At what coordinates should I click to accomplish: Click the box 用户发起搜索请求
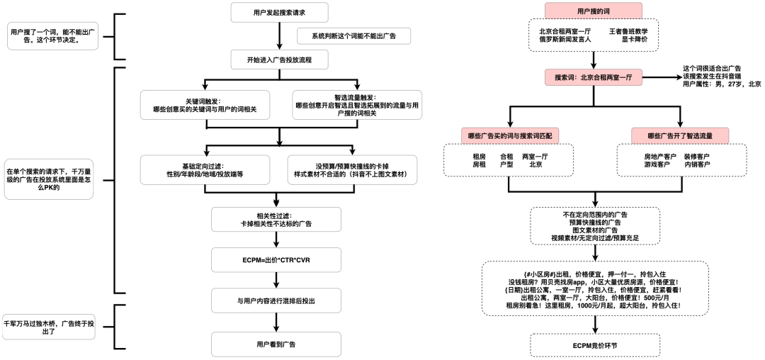tap(280, 12)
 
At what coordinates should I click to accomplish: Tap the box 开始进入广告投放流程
tap(280, 60)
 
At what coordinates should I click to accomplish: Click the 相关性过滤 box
tap(280, 219)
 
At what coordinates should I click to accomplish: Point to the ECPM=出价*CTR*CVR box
tap(280, 260)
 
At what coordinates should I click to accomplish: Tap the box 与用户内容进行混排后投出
tap(280, 301)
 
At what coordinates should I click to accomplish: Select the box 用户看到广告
tap(280, 344)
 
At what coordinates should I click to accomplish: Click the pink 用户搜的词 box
tap(593, 11)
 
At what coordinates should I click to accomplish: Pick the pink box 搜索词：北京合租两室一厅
tap(593, 77)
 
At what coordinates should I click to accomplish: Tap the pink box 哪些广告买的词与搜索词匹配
tap(510, 135)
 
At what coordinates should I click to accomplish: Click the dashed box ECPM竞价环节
tap(594, 345)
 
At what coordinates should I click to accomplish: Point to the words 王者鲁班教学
tap(628, 31)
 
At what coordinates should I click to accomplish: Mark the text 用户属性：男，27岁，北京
tap(721, 84)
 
